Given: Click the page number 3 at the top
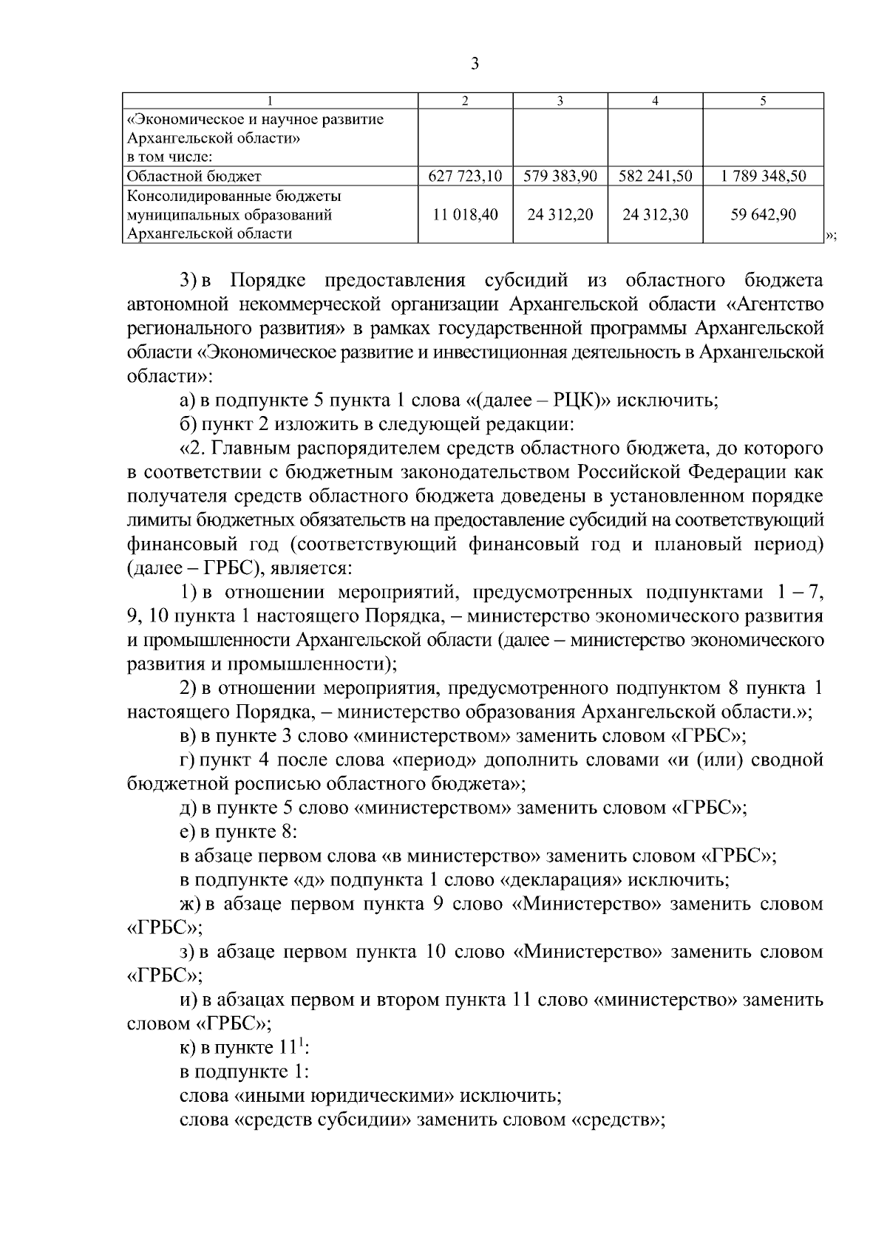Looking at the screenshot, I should pos(475,64).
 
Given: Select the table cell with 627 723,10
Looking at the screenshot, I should pos(465,177).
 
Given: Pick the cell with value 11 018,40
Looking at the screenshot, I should pos(465,215).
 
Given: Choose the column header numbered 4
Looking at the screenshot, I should pos(655,101).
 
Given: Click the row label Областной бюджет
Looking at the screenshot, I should pos(194,177).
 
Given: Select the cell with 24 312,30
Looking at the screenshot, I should pos(655,215).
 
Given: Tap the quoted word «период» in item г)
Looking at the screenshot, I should pos(432,760).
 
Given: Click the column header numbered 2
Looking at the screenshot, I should pos(465,101).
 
